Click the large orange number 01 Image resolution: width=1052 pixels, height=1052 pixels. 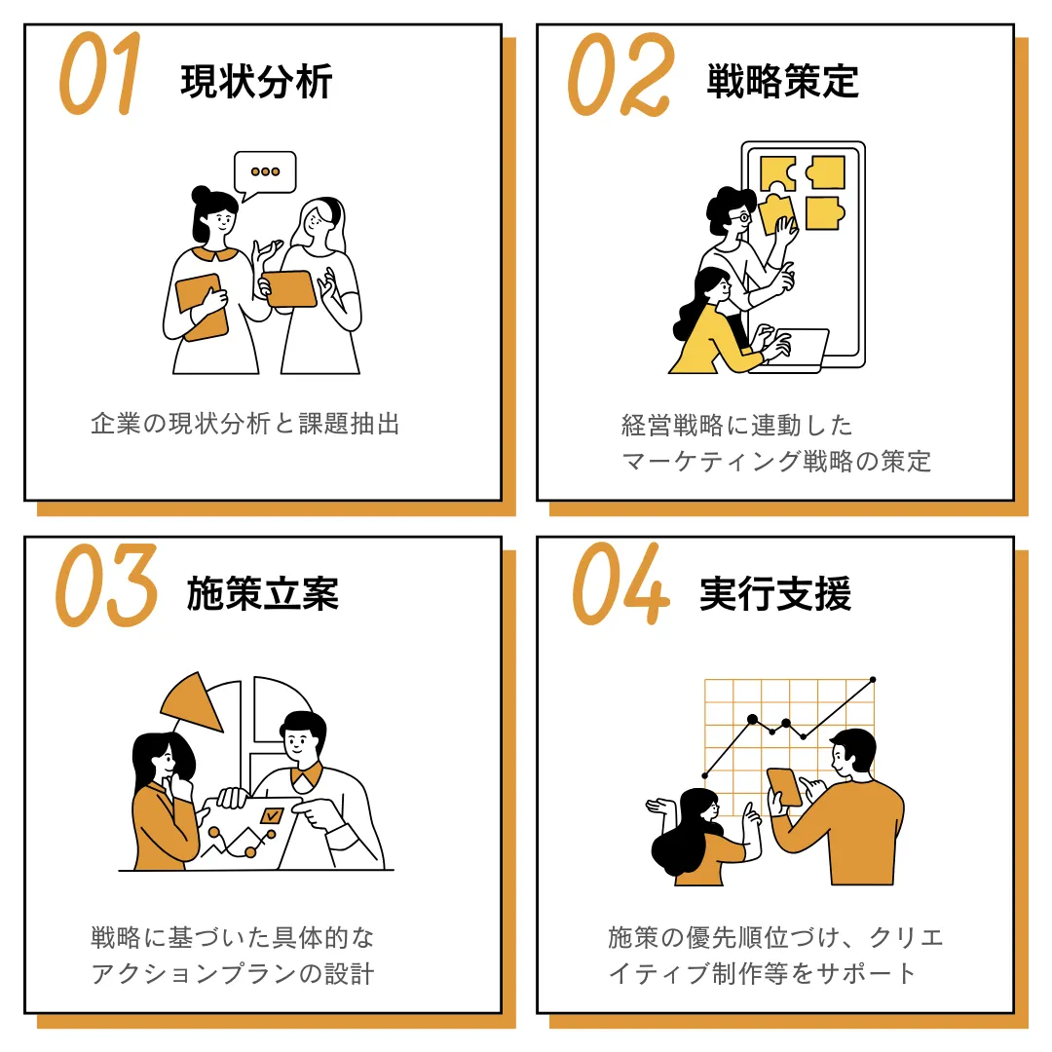100,74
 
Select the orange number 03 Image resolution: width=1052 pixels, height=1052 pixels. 107,585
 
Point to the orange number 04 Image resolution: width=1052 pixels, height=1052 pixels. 620,584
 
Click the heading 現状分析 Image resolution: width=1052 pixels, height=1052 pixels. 256,82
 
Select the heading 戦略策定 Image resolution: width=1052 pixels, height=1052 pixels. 782,82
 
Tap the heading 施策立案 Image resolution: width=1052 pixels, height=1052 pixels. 262,594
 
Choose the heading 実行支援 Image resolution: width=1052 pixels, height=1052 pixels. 775,594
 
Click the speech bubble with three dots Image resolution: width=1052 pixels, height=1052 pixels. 265,172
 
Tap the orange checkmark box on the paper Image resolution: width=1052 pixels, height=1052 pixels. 272,815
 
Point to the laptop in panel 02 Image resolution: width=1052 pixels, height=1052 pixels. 792,350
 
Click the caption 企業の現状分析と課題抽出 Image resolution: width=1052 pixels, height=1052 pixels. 245,424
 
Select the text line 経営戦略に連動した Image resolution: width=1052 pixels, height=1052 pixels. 736,426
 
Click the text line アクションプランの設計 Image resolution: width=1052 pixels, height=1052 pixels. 232,973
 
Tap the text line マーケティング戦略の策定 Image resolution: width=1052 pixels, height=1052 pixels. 776,462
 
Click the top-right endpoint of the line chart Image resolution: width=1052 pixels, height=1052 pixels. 873,680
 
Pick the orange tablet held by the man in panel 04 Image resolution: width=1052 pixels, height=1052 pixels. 784,787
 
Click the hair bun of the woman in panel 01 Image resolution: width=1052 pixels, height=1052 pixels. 201,195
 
